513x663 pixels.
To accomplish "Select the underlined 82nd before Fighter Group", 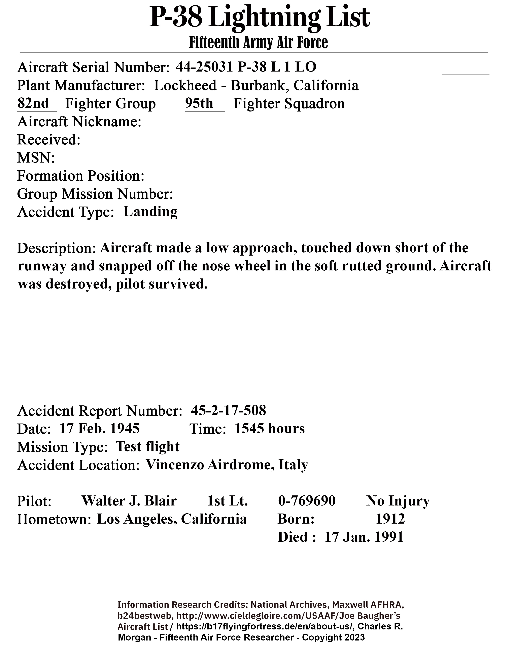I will (33, 103).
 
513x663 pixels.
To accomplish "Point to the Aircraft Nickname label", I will (79, 122).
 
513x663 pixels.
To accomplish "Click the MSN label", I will (36, 158).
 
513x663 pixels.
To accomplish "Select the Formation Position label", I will (80, 176).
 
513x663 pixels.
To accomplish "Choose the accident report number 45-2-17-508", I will (228, 410).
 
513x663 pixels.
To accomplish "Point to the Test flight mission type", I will (148, 447).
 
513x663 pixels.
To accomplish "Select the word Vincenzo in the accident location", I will (175, 465).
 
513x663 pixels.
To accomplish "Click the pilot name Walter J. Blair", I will (129, 501).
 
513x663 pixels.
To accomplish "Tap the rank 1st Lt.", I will (227, 501).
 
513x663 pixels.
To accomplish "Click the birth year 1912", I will (390, 519).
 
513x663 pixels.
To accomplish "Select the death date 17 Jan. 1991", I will (364, 537).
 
